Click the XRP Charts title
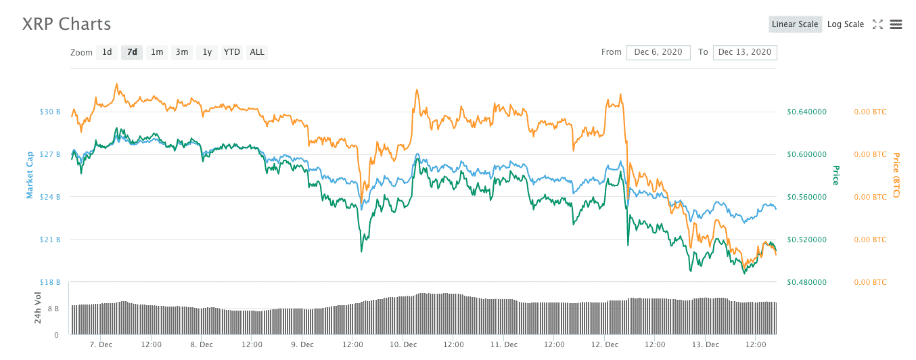66,24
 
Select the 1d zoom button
107,52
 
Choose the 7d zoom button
132,52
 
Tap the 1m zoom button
157,52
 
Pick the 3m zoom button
182,52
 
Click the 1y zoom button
207,52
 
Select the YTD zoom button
232,52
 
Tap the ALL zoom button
257,52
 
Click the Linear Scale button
795,24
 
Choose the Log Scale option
846,24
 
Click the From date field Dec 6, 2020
658,52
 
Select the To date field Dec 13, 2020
745,52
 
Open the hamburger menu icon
896,24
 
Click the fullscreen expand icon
877,24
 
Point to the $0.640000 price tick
807,112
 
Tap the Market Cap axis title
30,175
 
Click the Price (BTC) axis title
896,175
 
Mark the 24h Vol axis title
38,306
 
